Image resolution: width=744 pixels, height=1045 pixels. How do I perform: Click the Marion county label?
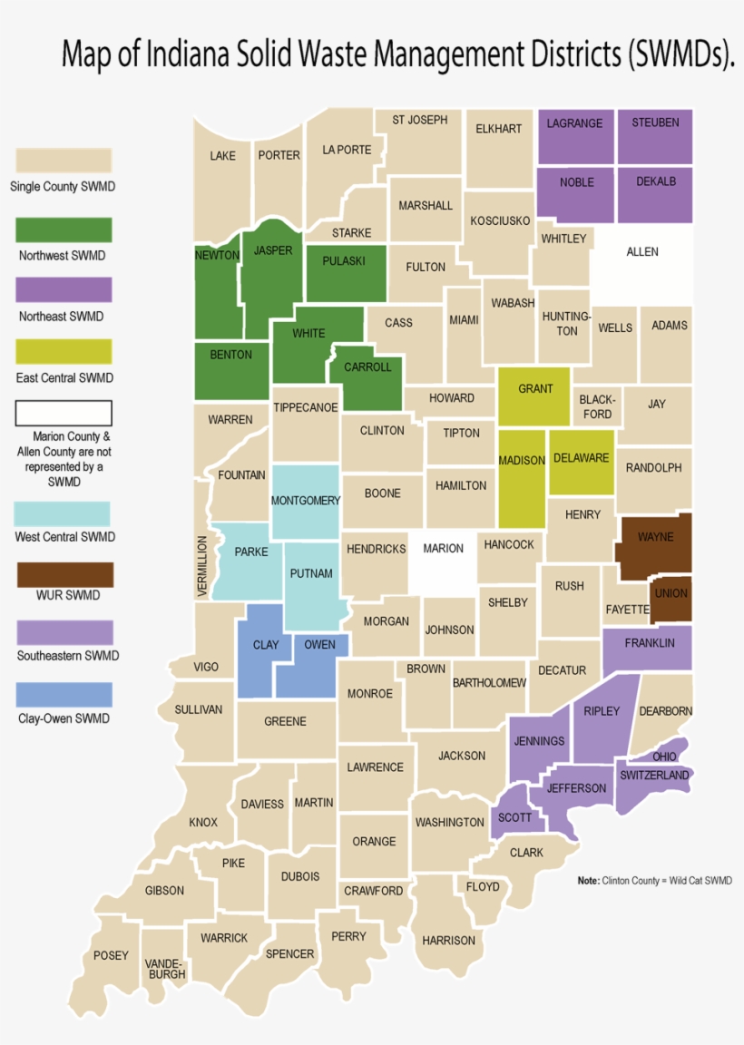pos(443,548)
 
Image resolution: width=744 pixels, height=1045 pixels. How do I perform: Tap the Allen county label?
pos(642,251)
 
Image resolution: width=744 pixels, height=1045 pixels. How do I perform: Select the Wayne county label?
pos(655,537)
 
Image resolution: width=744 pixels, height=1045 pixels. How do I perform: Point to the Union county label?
pos(671,593)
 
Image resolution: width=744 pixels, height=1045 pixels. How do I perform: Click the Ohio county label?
pos(664,757)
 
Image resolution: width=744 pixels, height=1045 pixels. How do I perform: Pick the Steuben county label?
pos(655,122)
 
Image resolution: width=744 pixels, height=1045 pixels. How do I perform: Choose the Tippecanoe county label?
pos(306,407)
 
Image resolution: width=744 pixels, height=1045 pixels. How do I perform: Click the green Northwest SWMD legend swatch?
pos(64,230)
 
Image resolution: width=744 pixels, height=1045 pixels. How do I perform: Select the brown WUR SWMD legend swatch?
pos(64,574)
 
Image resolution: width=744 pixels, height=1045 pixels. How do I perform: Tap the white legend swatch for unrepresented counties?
pos(64,413)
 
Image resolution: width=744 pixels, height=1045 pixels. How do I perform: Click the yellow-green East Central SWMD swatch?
pos(64,351)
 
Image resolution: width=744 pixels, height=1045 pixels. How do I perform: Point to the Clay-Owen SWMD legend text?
pos(64,718)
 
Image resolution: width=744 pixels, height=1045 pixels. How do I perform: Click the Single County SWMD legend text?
pos(63,188)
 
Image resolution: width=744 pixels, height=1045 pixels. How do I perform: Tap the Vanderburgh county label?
pos(164,968)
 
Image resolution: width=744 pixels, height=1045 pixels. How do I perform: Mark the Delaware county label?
pos(581,458)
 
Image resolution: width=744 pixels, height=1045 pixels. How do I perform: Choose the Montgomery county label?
pos(306,501)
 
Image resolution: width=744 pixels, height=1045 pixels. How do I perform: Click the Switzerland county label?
pos(655,776)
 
